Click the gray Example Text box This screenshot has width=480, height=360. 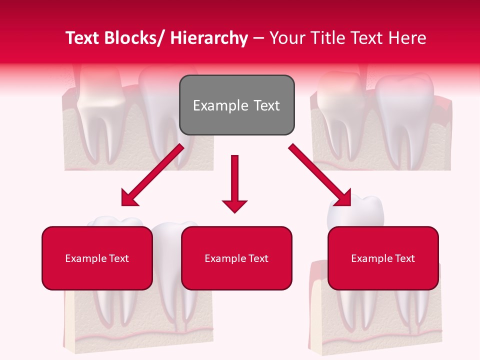click(236, 105)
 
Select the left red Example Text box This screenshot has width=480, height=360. click(97, 258)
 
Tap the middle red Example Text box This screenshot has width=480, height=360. click(236, 258)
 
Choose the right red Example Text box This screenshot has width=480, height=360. click(383, 258)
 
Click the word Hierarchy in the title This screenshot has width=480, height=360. click(209, 38)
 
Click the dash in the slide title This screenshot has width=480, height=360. click(258, 38)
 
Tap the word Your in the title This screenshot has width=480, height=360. click(287, 38)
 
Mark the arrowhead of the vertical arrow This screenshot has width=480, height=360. click(234, 205)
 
